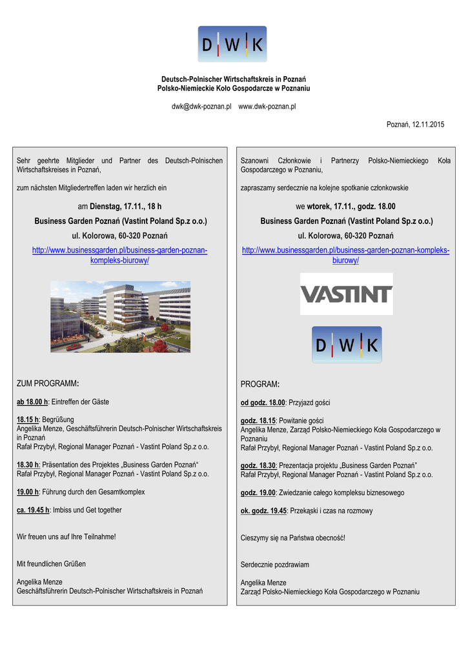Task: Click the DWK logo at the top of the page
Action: click(x=232, y=44)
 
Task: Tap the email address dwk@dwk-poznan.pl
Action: click(x=201, y=106)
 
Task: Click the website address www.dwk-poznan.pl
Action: click(x=267, y=106)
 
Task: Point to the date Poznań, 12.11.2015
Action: click(x=415, y=124)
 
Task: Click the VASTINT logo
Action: click(x=346, y=294)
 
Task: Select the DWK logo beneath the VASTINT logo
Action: click(x=347, y=345)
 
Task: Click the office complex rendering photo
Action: click(x=120, y=316)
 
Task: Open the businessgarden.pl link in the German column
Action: click(x=120, y=255)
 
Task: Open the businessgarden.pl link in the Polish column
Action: click(x=346, y=255)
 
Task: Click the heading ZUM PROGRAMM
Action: click(x=47, y=384)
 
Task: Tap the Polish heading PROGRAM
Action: click(x=259, y=385)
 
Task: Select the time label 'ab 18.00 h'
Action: click(x=32, y=402)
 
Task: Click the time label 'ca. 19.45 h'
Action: click(x=33, y=510)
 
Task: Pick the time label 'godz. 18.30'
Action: click(x=258, y=465)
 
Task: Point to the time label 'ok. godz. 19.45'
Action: click(x=263, y=511)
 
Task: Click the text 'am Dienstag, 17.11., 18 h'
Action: click(x=120, y=207)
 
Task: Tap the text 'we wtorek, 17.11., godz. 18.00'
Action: click(x=346, y=207)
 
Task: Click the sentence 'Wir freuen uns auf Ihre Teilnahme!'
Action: click(x=66, y=536)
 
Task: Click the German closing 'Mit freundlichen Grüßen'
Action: click(x=51, y=564)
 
